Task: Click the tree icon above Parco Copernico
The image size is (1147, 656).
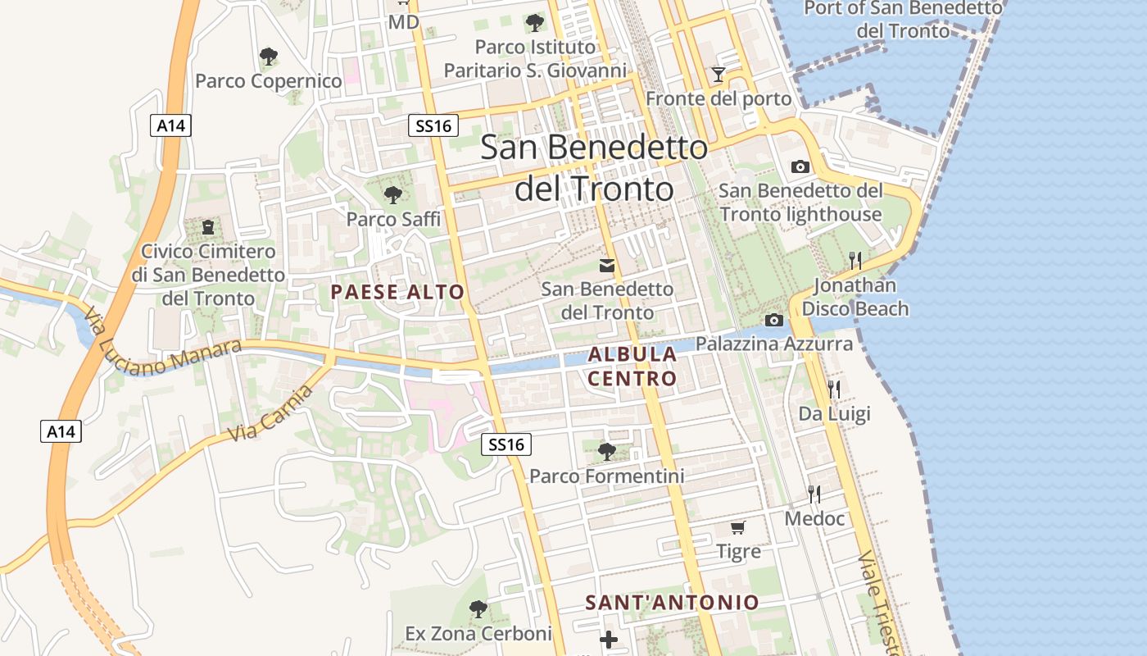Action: [x=268, y=57]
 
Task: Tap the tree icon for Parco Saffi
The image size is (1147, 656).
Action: [x=393, y=194]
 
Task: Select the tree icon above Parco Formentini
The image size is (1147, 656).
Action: [x=607, y=451]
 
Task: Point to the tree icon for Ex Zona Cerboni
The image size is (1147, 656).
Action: [x=478, y=609]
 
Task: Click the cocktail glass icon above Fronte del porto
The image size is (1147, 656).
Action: [x=719, y=75]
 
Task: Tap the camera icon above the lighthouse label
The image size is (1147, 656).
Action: [x=800, y=166]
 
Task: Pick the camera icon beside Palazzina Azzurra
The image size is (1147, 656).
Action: [x=773, y=320]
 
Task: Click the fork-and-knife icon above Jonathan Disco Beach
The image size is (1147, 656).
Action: [x=855, y=261]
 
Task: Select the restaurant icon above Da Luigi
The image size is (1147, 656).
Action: [x=834, y=389]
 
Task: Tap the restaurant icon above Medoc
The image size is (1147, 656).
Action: [x=814, y=494]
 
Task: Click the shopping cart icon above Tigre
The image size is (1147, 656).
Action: [x=738, y=527]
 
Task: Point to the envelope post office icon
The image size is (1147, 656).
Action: [x=607, y=265]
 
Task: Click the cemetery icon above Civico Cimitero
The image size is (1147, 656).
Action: [x=207, y=226]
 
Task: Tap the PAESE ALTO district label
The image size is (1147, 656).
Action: [x=397, y=292]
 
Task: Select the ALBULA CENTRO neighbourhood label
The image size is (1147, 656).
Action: [x=632, y=367]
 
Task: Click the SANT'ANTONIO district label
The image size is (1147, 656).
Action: [x=672, y=603]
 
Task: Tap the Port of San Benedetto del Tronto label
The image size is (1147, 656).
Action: [x=903, y=20]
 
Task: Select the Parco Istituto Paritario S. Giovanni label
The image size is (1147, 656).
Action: [x=535, y=58]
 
